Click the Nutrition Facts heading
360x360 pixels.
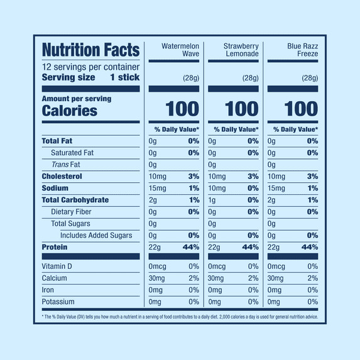90,50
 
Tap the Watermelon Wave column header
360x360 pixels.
180,50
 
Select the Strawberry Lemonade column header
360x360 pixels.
241,50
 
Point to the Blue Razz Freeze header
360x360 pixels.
303,50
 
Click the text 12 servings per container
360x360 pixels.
90,67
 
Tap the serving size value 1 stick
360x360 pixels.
124,77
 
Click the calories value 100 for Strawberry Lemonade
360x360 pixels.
242,109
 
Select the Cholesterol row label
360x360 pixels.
62,177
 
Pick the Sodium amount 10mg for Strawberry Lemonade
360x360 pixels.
217,188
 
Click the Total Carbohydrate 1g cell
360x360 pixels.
212,200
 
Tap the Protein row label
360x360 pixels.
55,248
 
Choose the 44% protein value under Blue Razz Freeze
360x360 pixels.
310,248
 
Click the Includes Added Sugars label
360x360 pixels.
96,236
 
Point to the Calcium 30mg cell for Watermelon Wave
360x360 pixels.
156,278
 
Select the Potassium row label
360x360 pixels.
58,302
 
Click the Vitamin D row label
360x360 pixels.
57,266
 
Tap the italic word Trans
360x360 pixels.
60,165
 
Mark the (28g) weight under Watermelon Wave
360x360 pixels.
191,79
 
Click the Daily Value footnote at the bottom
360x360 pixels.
180,317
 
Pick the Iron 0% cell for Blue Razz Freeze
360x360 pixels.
313,290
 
